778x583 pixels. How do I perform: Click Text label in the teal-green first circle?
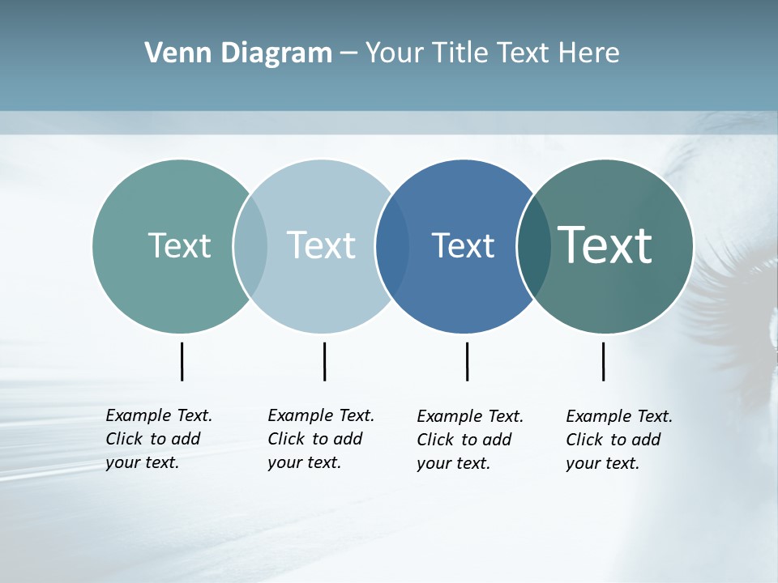(x=179, y=245)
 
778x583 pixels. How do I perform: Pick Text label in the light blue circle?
(x=321, y=245)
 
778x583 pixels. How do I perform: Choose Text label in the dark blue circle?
(x=463, y=245)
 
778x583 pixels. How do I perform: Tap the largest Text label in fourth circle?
(x=605, y=245)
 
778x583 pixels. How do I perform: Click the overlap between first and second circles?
(x=250, y=245)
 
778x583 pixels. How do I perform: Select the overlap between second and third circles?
(x=392, y=245)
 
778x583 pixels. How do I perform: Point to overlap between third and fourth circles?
(x=534, y=245)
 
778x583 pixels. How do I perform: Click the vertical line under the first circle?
(x=182, y=361)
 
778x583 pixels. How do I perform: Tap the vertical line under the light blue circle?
(x=324, y=361)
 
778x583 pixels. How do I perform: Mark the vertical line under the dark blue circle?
(x=467, y=361)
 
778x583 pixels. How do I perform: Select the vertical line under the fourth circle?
(x=603, y=361)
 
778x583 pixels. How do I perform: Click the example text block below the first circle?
(x=158, y=439)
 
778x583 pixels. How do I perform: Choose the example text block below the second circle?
(x=320, y=439)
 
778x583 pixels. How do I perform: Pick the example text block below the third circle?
(x=469, y=440)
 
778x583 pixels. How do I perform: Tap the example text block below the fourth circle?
(x=618, y=440)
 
